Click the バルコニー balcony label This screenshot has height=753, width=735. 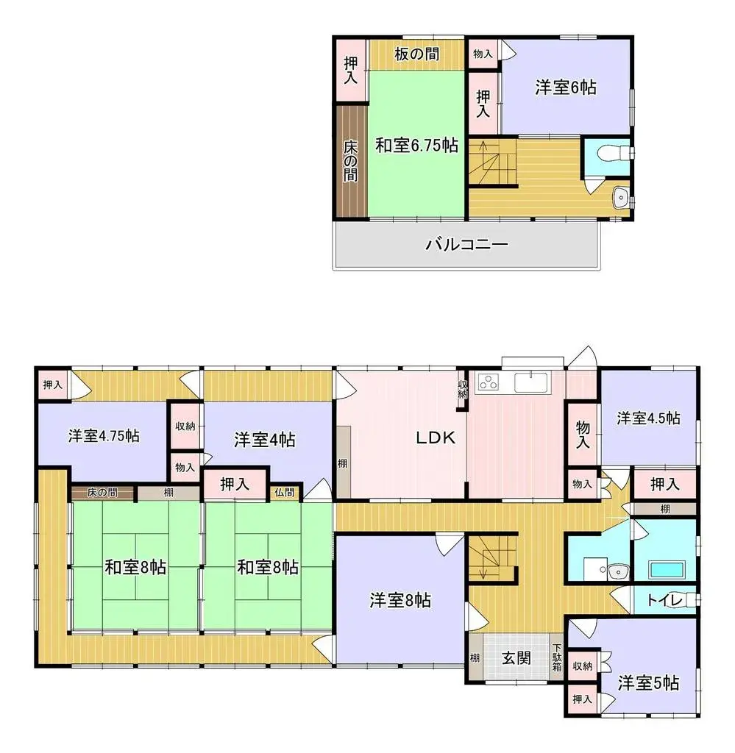point(466,244)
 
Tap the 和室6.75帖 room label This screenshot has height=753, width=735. point(417,145)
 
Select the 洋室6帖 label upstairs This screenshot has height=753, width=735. point(565,88)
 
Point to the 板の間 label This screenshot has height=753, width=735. point(416,54)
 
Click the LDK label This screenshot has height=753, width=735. point(436,438)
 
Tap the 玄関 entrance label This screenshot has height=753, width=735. point(516,658)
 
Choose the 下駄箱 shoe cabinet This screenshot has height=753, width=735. point(557,657)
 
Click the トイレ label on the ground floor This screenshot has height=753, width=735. point(663,600)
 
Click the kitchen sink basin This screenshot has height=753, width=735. point(530,382)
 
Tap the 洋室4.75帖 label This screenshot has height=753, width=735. point(104,435)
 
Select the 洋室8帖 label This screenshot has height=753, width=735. point(400,600)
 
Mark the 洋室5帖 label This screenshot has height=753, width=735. point(648,682)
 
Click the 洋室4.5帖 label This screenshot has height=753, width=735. point(648,418)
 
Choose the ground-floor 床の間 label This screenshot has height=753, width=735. point(102,492)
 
